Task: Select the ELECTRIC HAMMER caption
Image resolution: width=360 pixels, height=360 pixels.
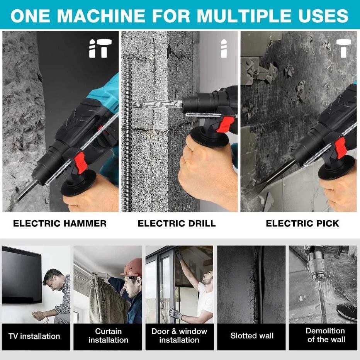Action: click(x=60, y=223)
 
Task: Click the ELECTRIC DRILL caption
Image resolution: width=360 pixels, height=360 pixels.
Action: click(x=177, y=223)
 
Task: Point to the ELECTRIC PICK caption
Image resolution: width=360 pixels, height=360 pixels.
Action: click(x=302, y=223)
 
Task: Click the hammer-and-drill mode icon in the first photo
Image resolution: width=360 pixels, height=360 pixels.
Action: click(x=100, y=48)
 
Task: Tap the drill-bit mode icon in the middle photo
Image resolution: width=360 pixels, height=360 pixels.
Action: click(x=224, y=48)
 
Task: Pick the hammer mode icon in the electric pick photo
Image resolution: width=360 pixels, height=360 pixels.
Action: click(x=344, y=48)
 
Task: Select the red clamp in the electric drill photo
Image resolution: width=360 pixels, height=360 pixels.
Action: click(x=225, y=124)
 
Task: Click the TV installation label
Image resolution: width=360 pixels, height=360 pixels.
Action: click(x=34, y=336)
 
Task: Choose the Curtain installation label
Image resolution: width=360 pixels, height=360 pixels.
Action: click(x=109, y=335)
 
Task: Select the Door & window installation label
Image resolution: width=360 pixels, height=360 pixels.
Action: click(x=179, y=335)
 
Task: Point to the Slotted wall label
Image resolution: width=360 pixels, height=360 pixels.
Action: click(x=252, y=336)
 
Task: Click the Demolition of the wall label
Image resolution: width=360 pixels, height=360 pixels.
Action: click(x=326, y=335)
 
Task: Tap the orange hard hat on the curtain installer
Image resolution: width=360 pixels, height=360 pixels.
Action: click(x=132, y=267)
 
